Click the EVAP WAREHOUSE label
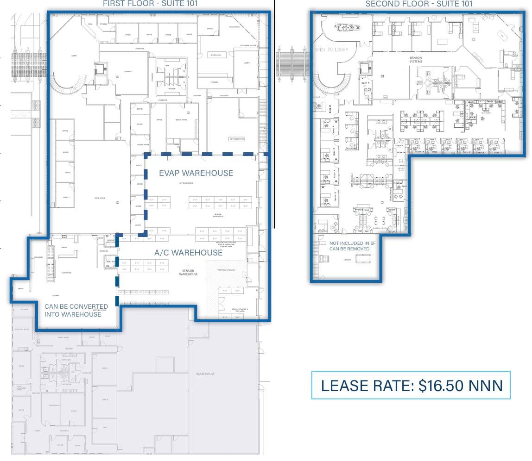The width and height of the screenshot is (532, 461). (196, 173)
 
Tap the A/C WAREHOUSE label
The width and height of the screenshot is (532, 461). (188, 253)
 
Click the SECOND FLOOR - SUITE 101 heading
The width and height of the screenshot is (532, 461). (419, 4)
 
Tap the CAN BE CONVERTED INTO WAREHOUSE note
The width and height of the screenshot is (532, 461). (76, 310)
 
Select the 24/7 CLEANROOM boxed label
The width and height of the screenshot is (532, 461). (236, 139)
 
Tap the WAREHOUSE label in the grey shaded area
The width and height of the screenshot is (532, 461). (205, 374)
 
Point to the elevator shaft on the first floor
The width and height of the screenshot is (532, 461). (99, 69)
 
